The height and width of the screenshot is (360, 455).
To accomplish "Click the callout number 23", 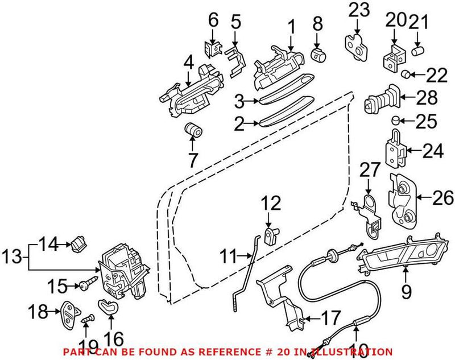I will [359, 10].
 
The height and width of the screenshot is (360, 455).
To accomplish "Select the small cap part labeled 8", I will [318, 55].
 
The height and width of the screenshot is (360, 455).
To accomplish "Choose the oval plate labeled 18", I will [68, 312].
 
